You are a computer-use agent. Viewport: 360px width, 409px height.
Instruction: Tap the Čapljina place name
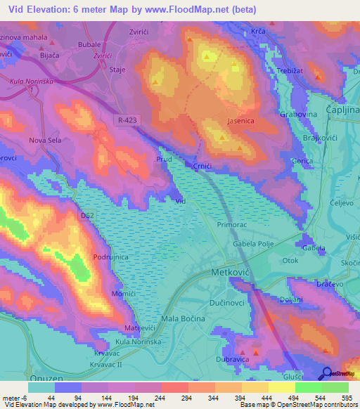342,110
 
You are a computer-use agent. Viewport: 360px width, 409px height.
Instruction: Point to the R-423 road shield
127,121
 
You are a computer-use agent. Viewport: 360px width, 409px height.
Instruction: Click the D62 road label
87,215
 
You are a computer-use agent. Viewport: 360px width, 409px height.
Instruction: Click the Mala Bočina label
183,318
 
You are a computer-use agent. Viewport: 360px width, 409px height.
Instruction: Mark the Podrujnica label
112,257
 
